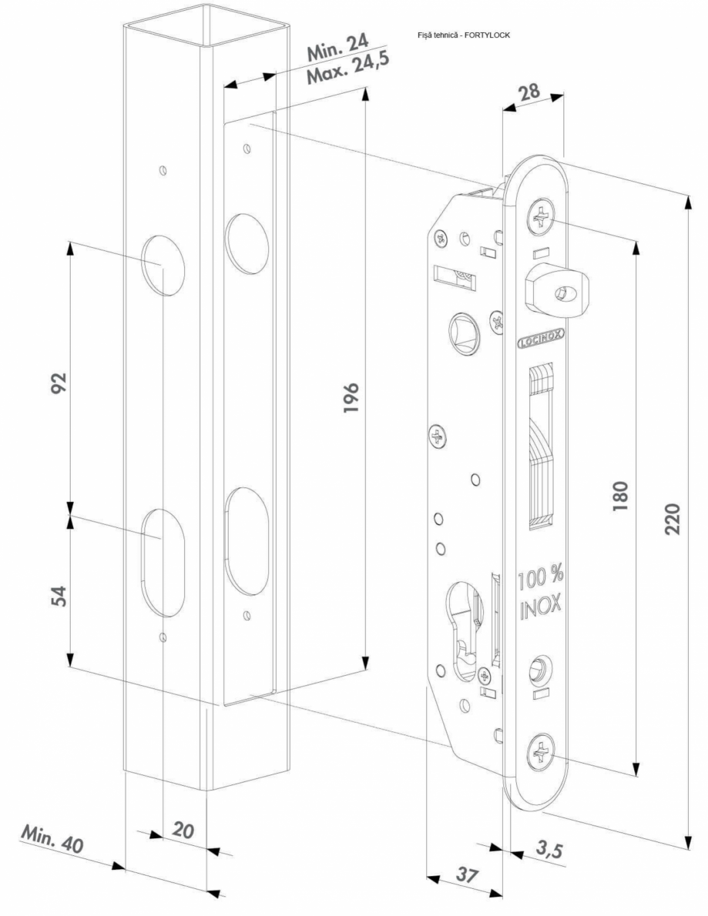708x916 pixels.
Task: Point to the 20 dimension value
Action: coord(183,831)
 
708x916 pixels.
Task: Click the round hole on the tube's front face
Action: coord(165,264)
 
